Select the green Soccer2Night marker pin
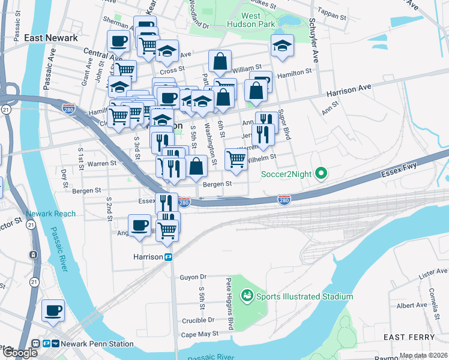coord(321,175)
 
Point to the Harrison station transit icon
coord(169,257)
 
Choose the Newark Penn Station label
coord(101,344)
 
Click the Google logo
coord(19,353)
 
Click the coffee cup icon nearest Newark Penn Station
coord(53,311)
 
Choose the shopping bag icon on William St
coord(220,61)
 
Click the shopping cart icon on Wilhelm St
coord(236,160)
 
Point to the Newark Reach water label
coord(51,214)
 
